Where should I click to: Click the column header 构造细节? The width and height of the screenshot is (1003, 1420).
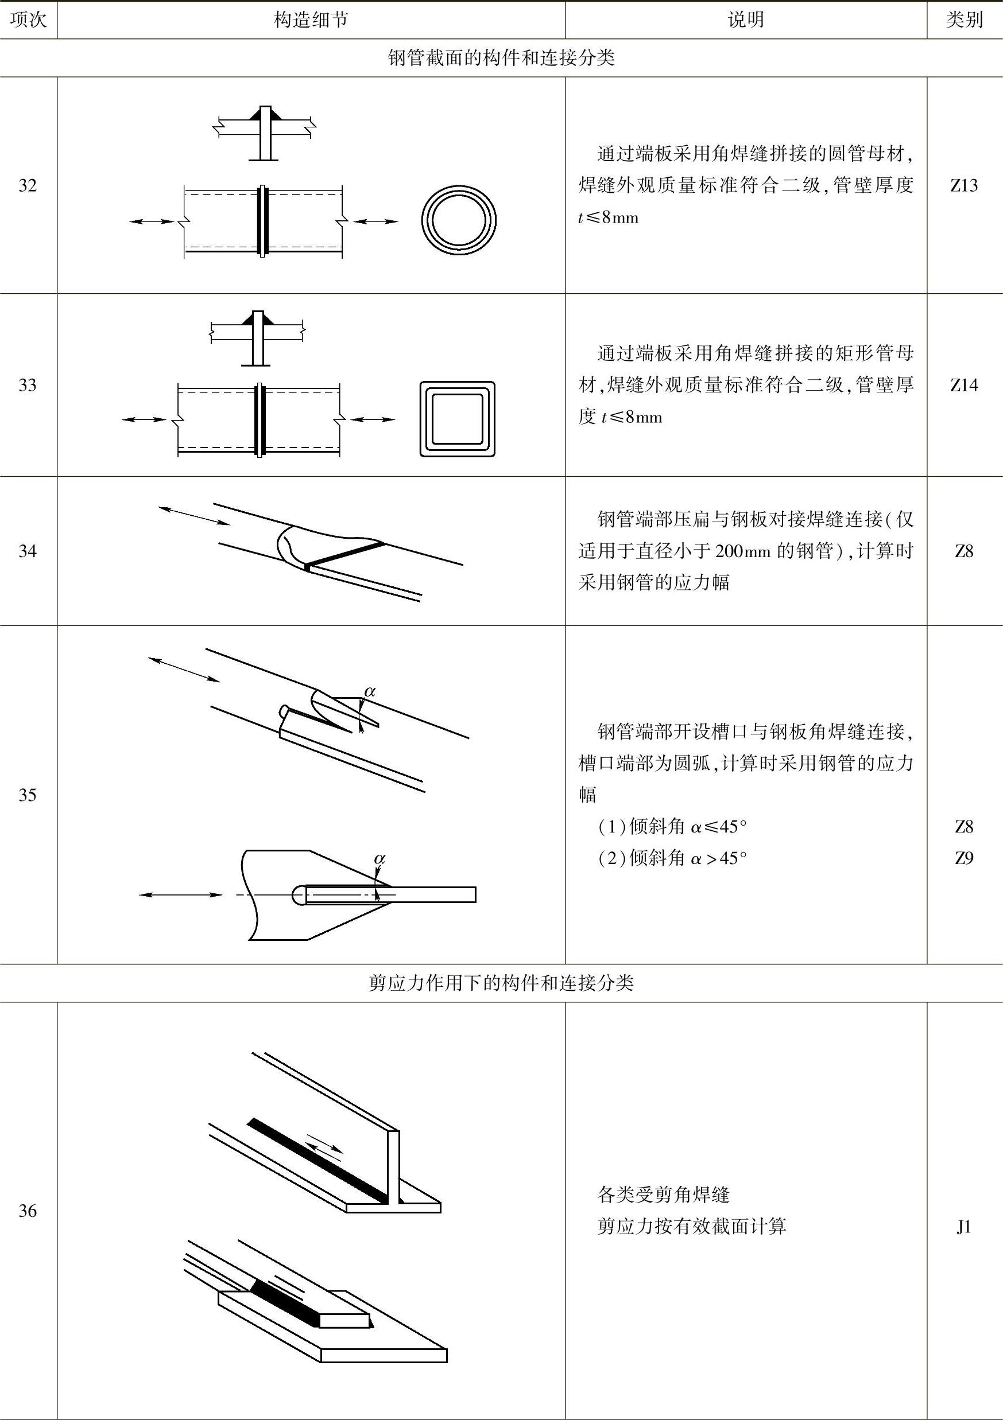click(311, 20)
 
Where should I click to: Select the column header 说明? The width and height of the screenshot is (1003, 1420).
click(746, 20)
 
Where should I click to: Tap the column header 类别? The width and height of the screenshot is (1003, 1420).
click(964, 20)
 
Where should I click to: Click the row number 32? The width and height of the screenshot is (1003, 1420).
click(28, 185)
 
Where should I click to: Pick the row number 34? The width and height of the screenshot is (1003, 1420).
click(28, 551)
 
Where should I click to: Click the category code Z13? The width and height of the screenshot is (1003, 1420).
click(964, 185)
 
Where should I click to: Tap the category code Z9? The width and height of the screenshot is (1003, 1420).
click(964, 858)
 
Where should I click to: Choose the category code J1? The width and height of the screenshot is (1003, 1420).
click(964, 1227)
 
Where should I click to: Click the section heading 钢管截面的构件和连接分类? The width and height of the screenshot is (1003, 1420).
click(501, 58)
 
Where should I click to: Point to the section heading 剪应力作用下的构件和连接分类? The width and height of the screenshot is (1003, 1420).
click(501, 983)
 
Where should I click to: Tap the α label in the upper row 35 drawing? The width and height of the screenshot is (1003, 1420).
click(369, 691)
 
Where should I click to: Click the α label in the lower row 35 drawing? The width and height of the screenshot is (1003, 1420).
click(379, 858)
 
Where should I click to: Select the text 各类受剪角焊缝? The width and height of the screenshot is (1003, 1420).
click(663, 1195)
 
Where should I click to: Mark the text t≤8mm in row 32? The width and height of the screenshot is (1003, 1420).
click(608, 217)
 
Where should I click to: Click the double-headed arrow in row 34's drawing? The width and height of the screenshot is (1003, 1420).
click(193, 516)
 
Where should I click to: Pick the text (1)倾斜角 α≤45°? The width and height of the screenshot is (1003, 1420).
click(672, 826)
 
